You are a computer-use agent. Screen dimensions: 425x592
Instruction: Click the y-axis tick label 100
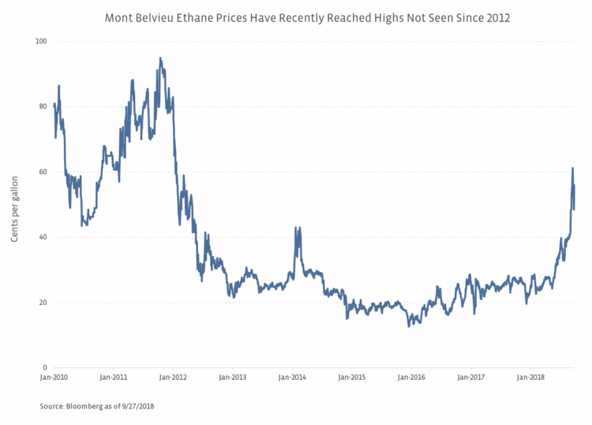40,41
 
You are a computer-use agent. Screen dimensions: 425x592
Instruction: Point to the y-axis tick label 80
43,107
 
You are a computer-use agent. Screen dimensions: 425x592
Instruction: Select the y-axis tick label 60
43,172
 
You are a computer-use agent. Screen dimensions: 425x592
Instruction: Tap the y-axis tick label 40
43,237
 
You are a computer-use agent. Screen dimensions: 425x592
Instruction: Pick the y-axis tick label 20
43,303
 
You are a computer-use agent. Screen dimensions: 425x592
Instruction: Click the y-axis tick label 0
45,368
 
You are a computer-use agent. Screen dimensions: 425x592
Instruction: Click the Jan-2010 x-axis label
54,378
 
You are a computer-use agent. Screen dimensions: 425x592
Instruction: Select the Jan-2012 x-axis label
173,378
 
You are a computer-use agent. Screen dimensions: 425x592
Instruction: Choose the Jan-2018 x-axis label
531,378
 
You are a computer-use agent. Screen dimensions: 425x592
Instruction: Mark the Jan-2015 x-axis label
352,378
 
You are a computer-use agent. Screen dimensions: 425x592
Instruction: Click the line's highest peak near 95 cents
160,58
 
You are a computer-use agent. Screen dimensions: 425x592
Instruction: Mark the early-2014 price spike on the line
296,228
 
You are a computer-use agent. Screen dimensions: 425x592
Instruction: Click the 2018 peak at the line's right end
572,168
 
